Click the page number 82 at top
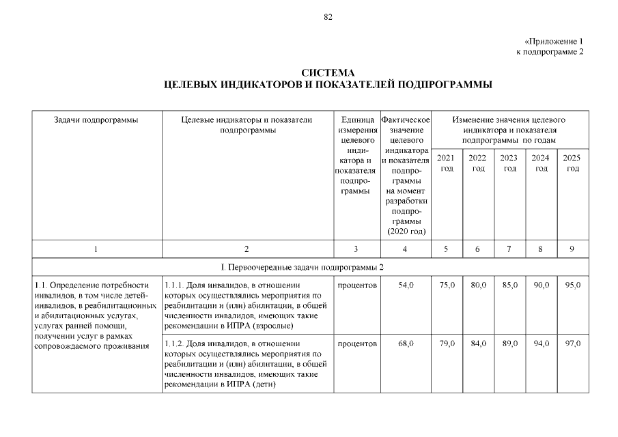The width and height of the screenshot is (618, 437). (x=328, y=18)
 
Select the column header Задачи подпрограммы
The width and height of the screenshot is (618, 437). (x=96, y=119)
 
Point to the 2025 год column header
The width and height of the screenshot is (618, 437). (x=572, y=163)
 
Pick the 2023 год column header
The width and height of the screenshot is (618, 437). (x=509, y=163)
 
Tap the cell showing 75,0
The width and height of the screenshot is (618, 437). (x=447, y=285)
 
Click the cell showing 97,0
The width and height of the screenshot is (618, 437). (x=572, y=343)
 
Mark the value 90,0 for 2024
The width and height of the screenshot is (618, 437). (x=541, y=285)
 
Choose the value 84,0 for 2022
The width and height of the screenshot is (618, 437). (x=478, y=343)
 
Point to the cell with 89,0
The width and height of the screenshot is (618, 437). (x=509, y=343)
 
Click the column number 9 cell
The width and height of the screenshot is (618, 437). (x=572, y=249)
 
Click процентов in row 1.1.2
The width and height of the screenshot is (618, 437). (x=357, y=343)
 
